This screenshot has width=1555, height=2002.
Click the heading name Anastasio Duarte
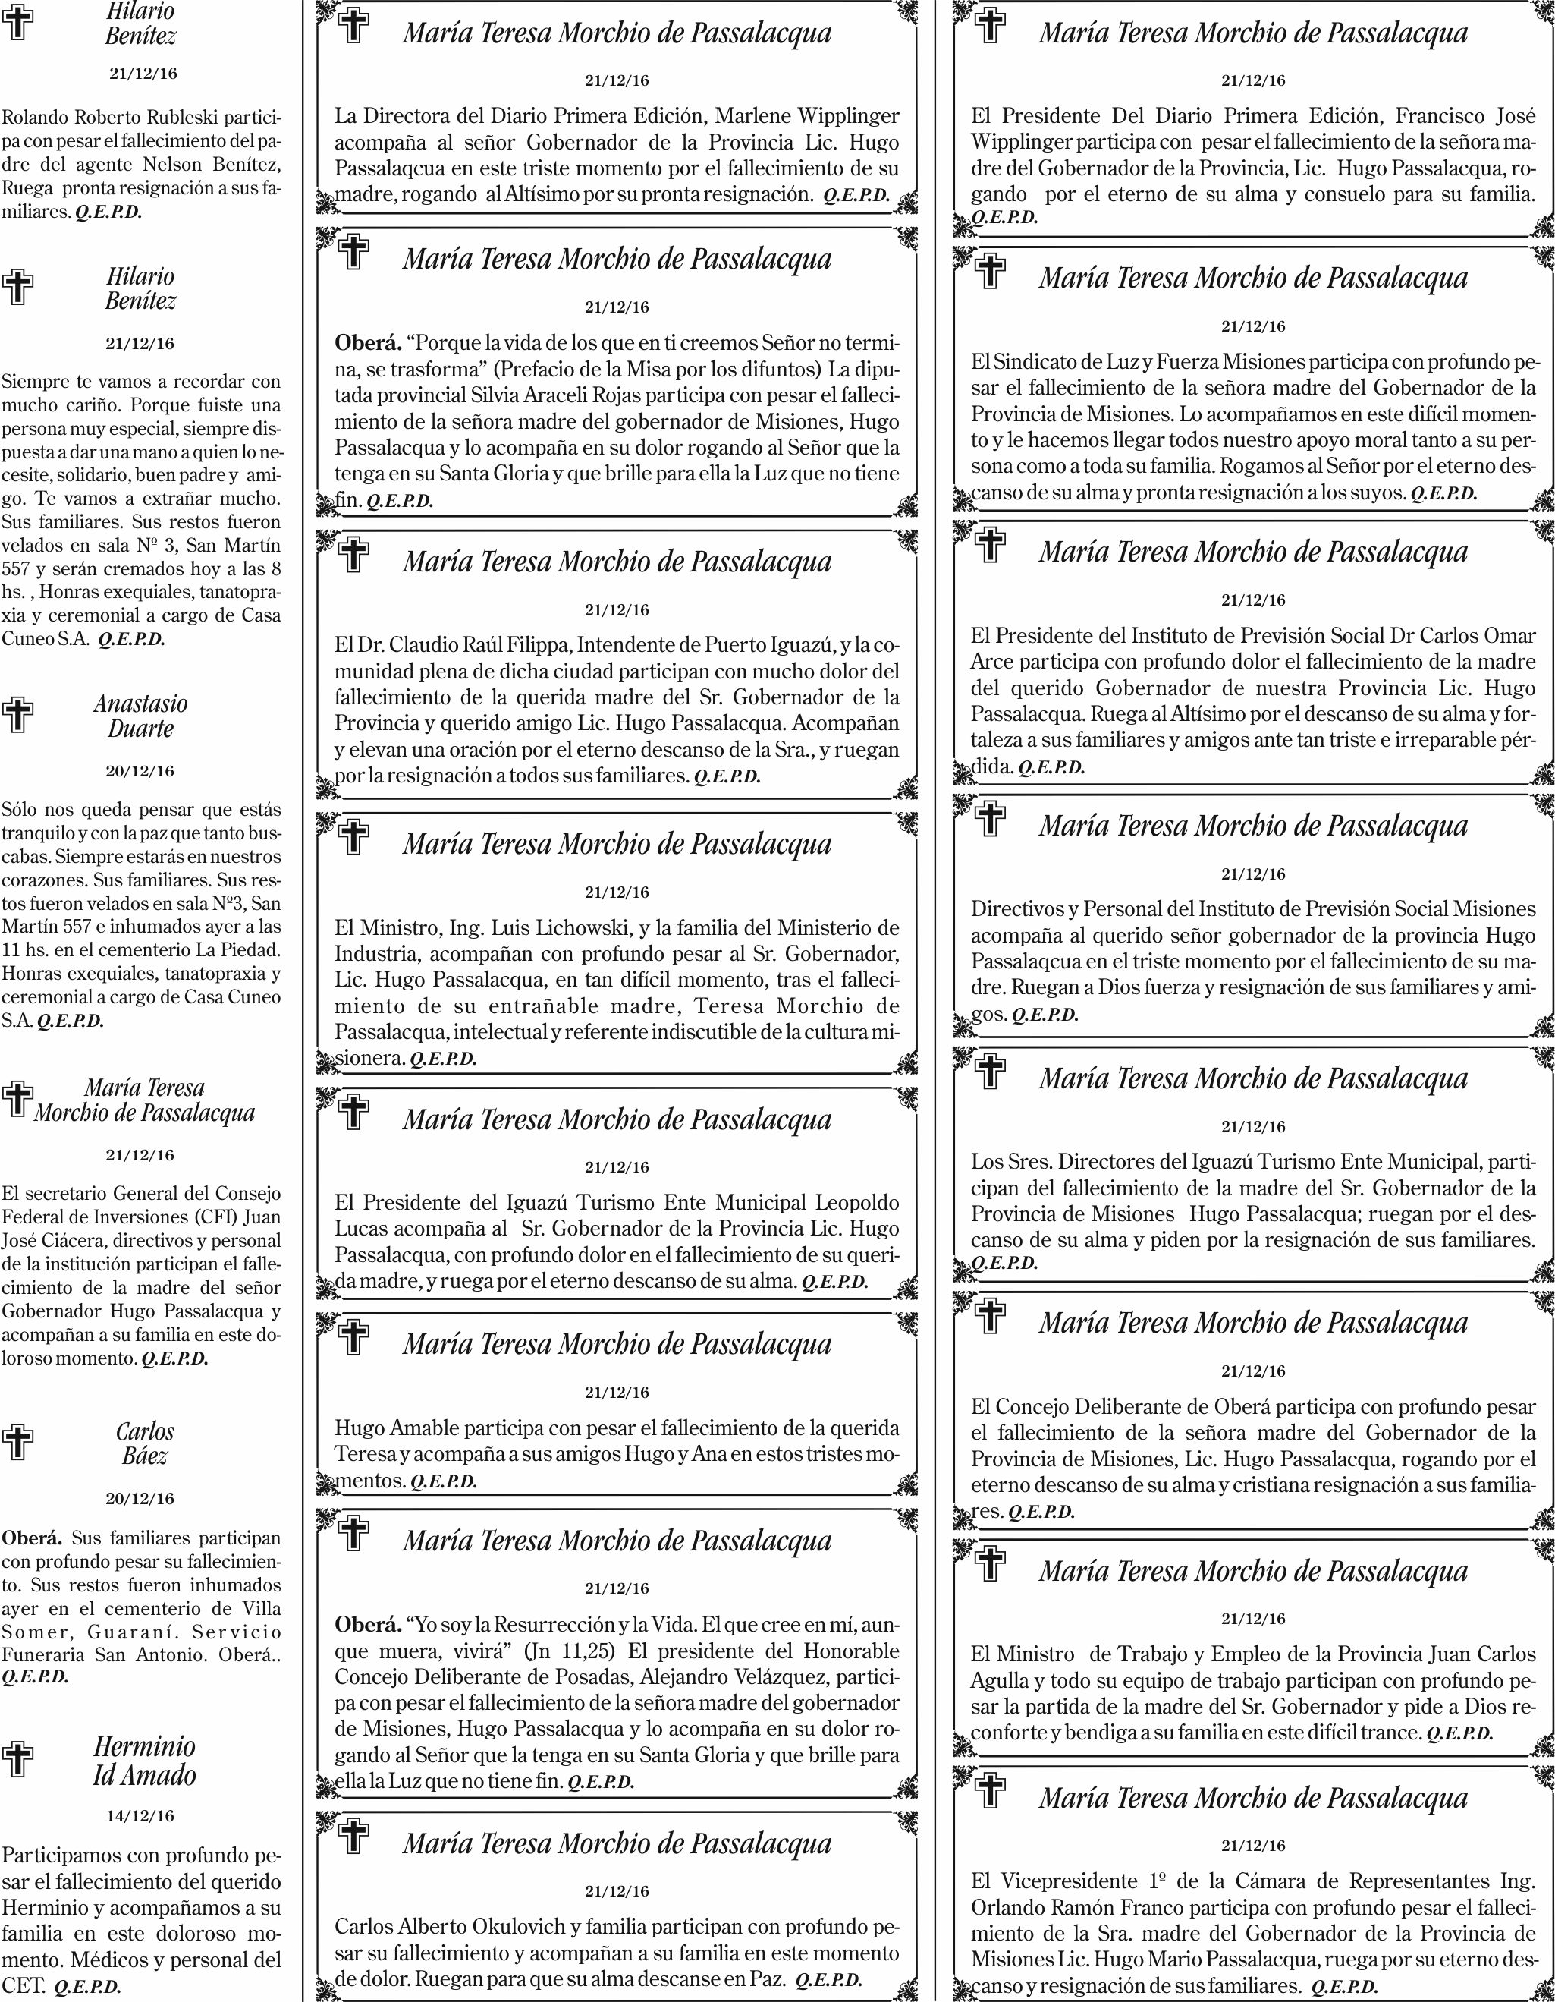(x=140, y=716)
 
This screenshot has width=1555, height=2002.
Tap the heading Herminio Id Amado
(x=144, y=1760)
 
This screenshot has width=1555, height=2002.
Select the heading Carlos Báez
(x=145, y=1443)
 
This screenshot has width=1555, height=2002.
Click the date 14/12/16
(x=140, y=1815)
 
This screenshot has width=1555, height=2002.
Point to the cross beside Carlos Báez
(x=18, y=1443)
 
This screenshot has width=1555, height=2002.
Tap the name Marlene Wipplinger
(x=806, y=116)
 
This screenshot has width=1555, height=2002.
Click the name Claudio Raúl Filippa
(x=473, y=644)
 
